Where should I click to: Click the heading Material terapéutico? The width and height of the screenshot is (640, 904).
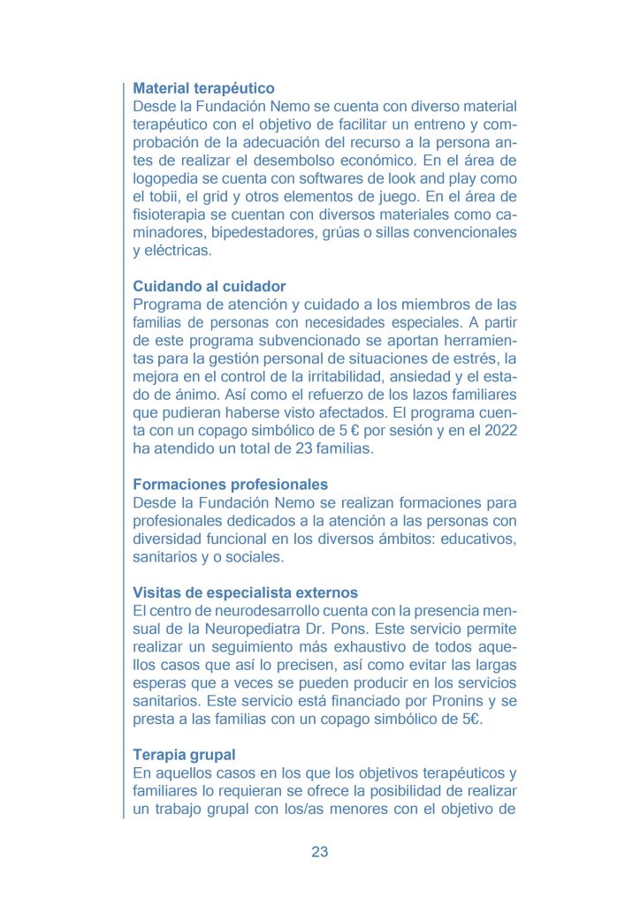click(x=203, y=88)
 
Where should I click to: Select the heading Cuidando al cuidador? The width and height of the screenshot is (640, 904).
click(x=209, y=287)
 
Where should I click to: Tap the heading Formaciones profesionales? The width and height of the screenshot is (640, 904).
click(x=230, y=485)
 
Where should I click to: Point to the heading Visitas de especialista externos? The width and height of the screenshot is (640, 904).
click(x=245, y=592)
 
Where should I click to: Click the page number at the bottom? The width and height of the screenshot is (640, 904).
click(x=320, y=852)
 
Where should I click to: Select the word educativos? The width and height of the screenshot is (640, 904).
click(x=476, y=539)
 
